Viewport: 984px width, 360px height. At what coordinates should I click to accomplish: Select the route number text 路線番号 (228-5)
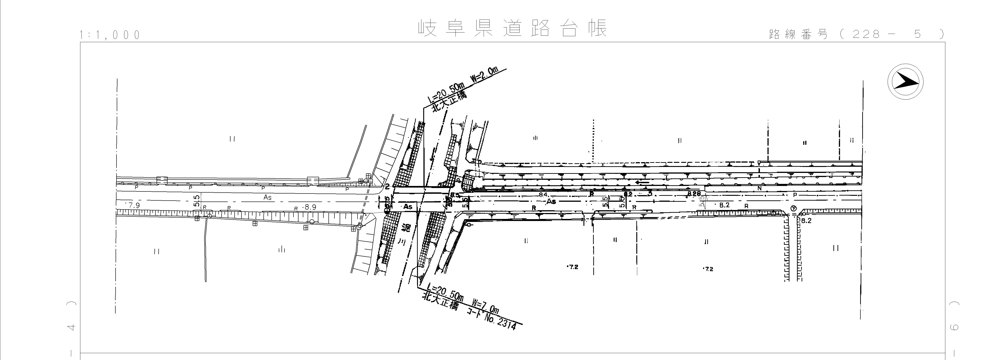856,34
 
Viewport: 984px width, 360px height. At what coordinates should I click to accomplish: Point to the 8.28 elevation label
694,194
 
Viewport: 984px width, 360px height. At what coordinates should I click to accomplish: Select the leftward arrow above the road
642,183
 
